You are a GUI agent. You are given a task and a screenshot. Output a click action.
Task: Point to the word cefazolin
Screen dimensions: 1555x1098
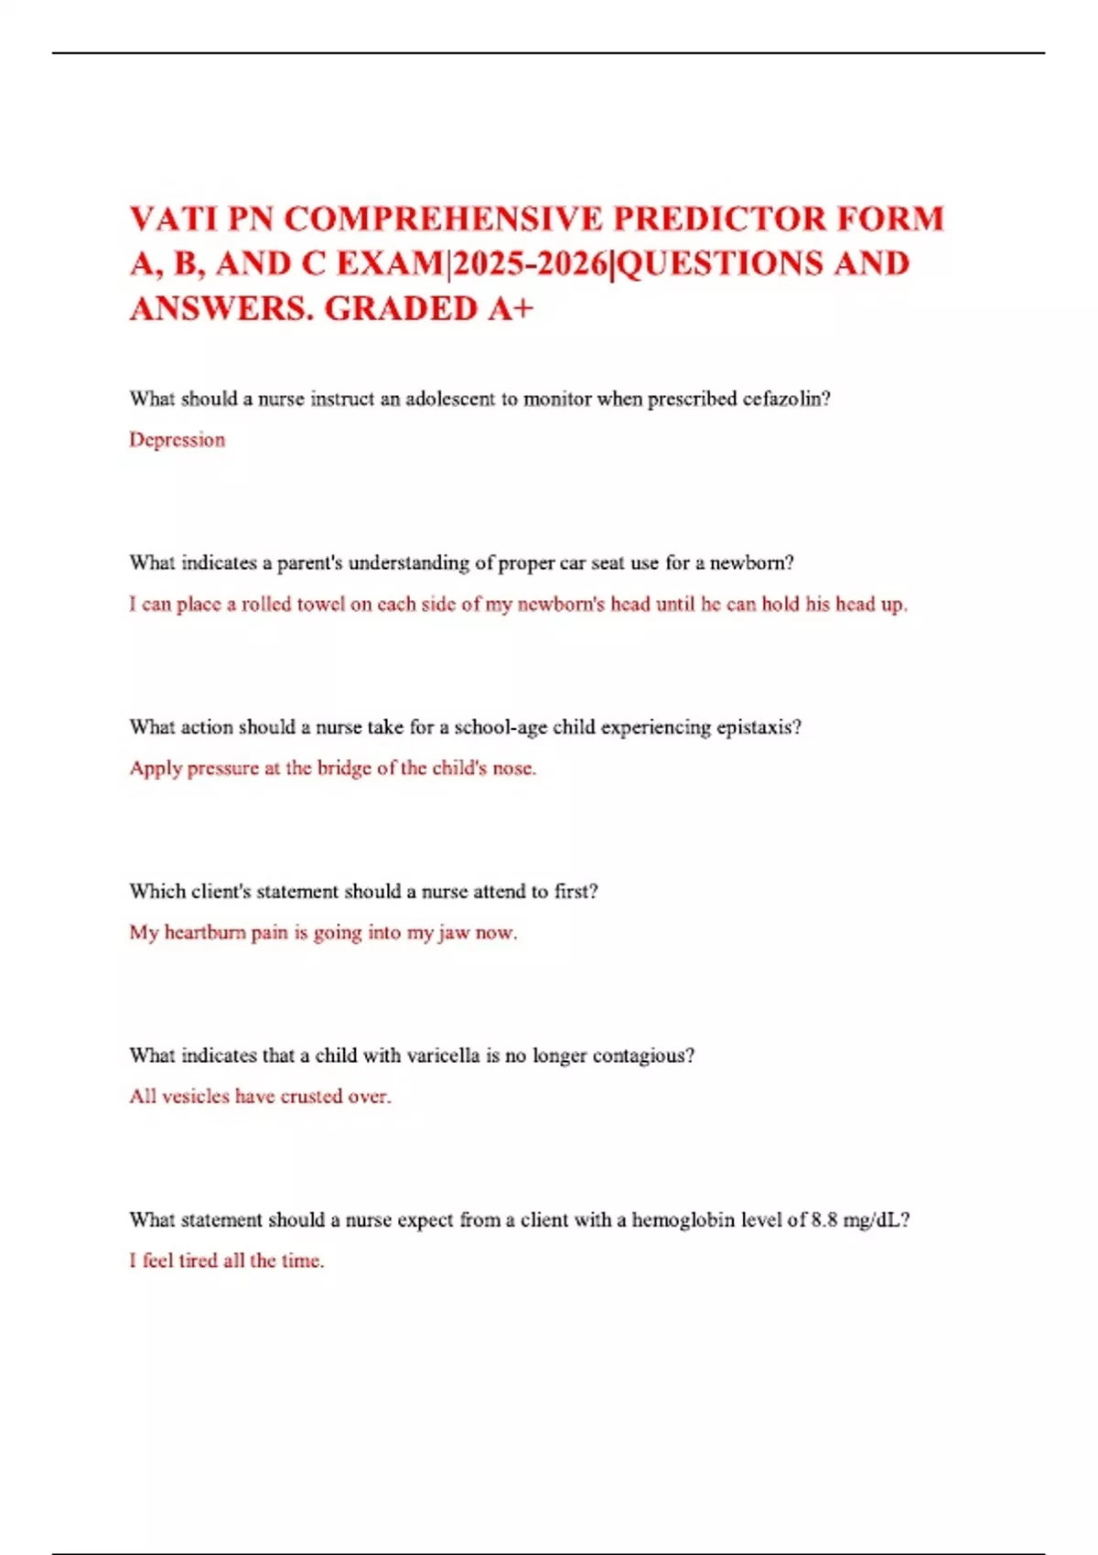pos(786,399)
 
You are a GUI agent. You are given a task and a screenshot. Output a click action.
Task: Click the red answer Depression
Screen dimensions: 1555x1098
pos(177,440)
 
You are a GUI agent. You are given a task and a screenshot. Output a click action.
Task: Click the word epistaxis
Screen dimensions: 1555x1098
pos(759,727)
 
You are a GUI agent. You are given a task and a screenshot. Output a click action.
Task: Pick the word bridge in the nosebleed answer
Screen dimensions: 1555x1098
pos(344,768)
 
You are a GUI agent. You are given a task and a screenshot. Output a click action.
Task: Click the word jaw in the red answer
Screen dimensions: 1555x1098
pos(454,933)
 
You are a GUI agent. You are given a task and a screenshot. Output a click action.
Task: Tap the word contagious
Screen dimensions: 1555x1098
pos(643,1056)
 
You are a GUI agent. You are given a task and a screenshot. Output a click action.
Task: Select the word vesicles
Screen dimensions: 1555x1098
pos(196,1096)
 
